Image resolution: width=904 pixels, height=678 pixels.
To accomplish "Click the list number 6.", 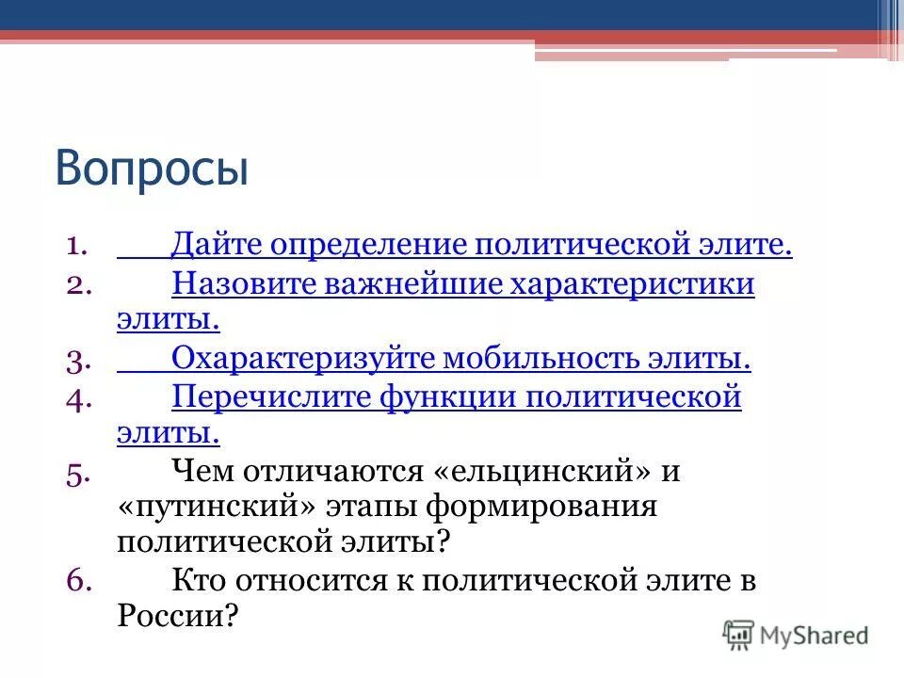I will pyautogui.click(x=78, y=582).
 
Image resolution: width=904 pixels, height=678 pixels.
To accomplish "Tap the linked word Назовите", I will pyautogui.click(x=243, y=283).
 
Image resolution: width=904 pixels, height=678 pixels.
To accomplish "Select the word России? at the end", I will pyautogui.click(x=178, y=618).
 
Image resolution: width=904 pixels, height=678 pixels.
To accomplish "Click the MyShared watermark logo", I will pyautogui.click(x=796, y=635).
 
